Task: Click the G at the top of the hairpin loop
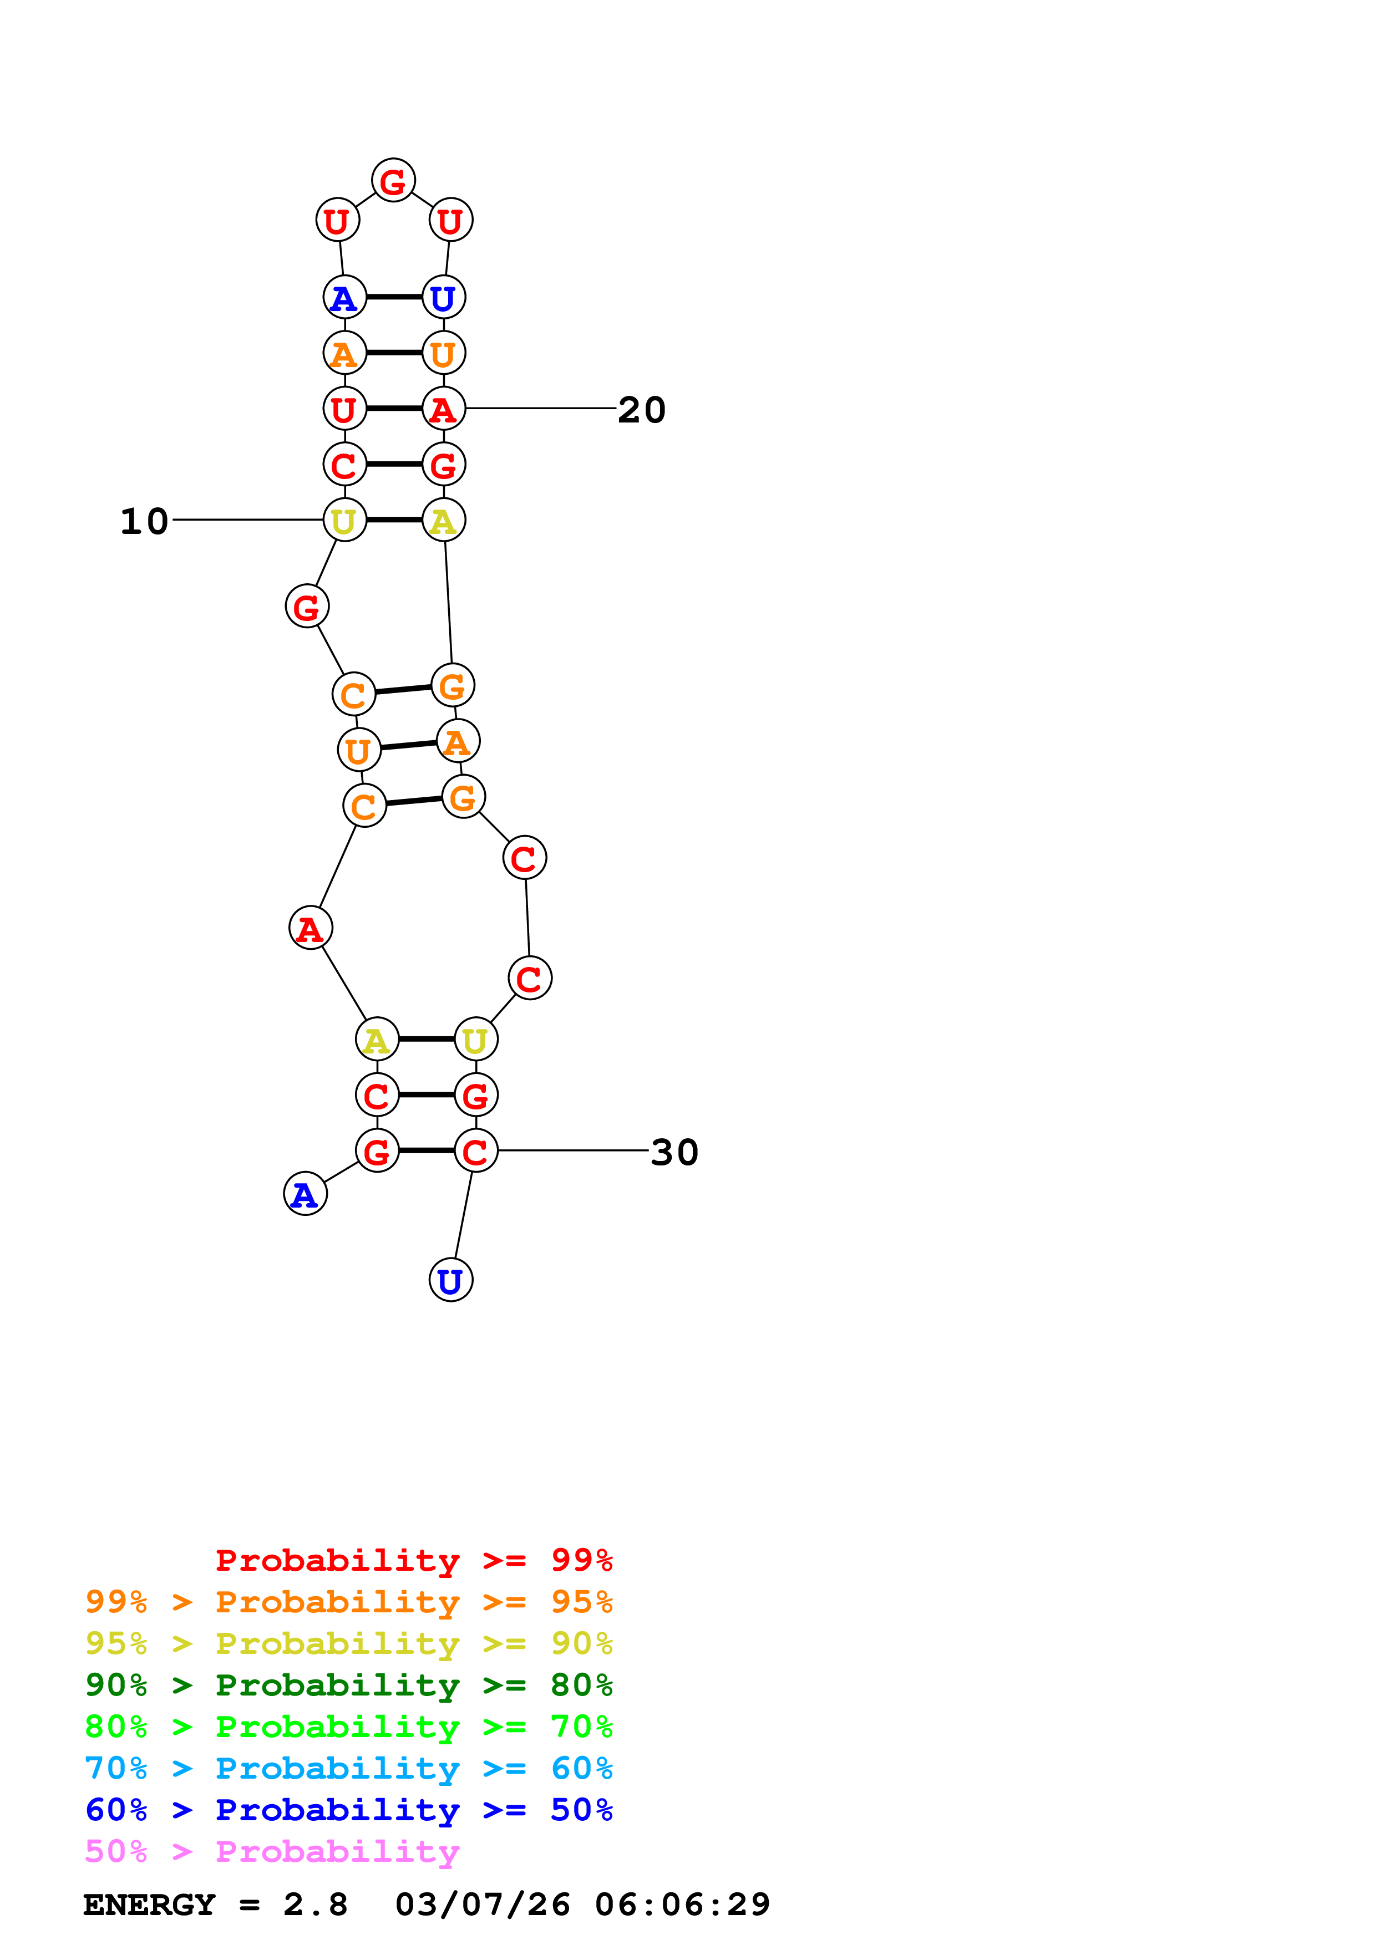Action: click(x=393, y=180)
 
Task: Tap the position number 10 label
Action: click(x=144, y=521)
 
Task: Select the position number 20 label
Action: click(x=641, y=410)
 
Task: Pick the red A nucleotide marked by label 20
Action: click(x=443, y=409)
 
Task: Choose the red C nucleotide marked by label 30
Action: click(x=475, y=1151)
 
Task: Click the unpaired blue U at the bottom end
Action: click(x=451, y=1280)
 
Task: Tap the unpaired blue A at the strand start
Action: click(x=305, y=1194)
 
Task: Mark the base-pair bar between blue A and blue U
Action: click(x=394, y=297)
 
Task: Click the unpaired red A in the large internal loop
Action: click(x=310, y=929)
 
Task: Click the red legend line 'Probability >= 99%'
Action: click(x=413, y=1560)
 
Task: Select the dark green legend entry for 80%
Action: click(x=348, y=1685)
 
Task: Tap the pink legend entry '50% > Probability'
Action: click(x=272, y=1852)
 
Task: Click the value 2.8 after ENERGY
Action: click(x=315, y=1905)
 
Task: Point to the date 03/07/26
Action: click(x=482, y=1905)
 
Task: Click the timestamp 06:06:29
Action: click(x=682, y=1905)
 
